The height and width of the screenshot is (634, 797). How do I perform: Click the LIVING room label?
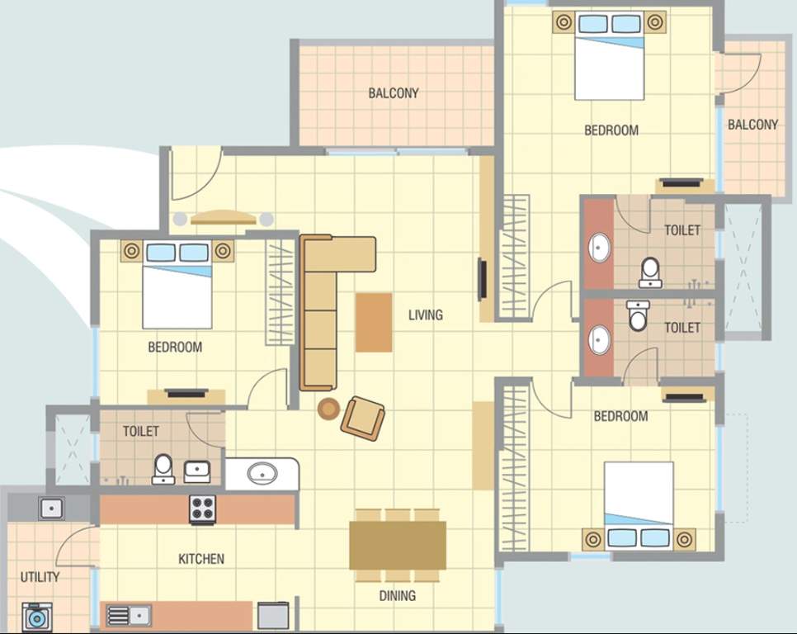pos(425,315)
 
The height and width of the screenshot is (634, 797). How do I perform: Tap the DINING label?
pos(397,595)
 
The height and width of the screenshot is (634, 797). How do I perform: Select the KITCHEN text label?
pos(201,559)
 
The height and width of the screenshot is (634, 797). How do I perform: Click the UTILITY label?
pos(40,577)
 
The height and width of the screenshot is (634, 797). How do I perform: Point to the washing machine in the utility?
pos(36,617)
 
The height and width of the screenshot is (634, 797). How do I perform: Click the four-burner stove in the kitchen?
pos(202,509)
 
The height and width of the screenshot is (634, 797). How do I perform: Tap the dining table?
pos(397,546)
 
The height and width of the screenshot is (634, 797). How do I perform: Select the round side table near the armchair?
pos(328,408)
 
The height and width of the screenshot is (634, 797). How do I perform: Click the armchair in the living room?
pos(363,417)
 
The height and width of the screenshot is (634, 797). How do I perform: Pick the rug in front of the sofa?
pos(374,322)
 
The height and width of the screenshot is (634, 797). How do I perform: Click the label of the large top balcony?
pos(394,93)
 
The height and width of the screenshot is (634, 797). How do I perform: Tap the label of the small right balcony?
pos(752,125)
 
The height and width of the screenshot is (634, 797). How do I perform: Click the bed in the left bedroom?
pos(177,285)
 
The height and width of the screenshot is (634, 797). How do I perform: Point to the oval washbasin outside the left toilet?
pos(262,474)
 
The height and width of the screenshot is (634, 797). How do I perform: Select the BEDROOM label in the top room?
pos(611,130)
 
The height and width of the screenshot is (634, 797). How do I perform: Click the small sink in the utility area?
pos(51,508)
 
